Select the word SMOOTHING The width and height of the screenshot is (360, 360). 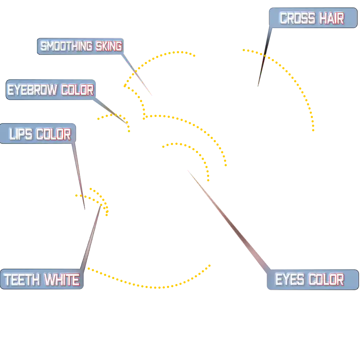coord(66,46)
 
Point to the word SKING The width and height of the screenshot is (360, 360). coord(109,46)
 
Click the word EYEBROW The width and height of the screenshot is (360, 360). coord(32,90)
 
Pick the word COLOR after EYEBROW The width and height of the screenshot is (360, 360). coord(77,90)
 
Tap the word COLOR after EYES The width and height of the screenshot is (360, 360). coord(326,279)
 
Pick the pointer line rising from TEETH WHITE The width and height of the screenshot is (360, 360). coord(92,238)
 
